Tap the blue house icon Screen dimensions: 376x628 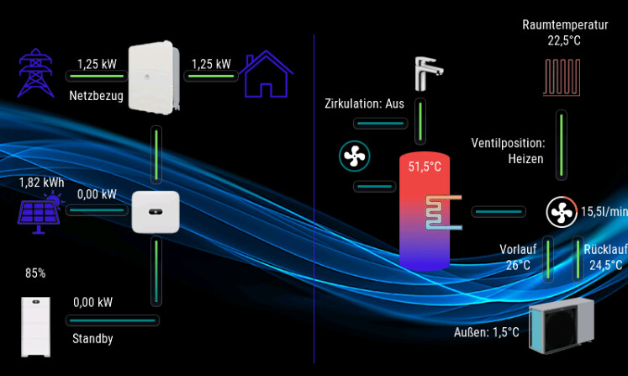click(268, 75)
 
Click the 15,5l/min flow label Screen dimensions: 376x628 click(604, 212)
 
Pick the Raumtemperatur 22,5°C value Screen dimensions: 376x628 click(564, 40)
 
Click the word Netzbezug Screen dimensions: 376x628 click(96, 96)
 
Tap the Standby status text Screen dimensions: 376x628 click(92, 339)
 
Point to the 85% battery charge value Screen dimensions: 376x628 click(35, 273)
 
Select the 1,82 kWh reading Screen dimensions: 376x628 click(41, 183)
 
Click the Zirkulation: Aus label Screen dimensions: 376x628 click(365, 104)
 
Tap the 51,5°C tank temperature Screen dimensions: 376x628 click(425, 167)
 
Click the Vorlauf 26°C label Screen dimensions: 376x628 click(518, 257)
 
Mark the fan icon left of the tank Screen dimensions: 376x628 click(354, 155)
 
